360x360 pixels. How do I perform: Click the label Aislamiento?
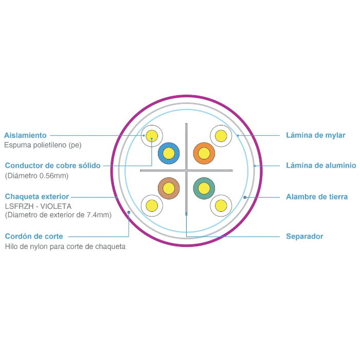[x=25, y=135]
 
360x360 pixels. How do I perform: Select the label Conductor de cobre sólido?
[x=52, y=166]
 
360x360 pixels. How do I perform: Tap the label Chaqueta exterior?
[x=37, y=196]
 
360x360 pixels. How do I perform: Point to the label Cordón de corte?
[x=34, y=237]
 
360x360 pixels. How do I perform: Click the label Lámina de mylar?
[x=315, y=135]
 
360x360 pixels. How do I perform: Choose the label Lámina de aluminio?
[x=320, y=166]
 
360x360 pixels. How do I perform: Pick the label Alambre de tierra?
[x=316, y=196]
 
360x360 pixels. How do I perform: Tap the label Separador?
[x=304, y=237]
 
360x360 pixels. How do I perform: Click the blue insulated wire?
[x=169, y=153]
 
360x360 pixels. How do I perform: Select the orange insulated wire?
[x=204, y=153]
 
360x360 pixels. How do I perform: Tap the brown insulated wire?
[x=169, y=188]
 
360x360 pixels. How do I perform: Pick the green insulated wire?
[x=204, y=188]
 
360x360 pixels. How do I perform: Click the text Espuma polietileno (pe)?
[x=43, y=145]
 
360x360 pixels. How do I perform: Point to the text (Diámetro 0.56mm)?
[x=37, y=176]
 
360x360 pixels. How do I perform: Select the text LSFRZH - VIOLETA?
[x=38, y=206]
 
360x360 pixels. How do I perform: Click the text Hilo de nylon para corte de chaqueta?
[x=65, y=247]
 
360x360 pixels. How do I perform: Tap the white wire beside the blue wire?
[x=152, y=136]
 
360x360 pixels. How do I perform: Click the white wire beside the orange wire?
[x=221, y=136]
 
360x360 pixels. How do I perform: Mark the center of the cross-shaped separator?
[x=186, y=170]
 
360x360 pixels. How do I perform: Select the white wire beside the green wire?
[x=221, y=206]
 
